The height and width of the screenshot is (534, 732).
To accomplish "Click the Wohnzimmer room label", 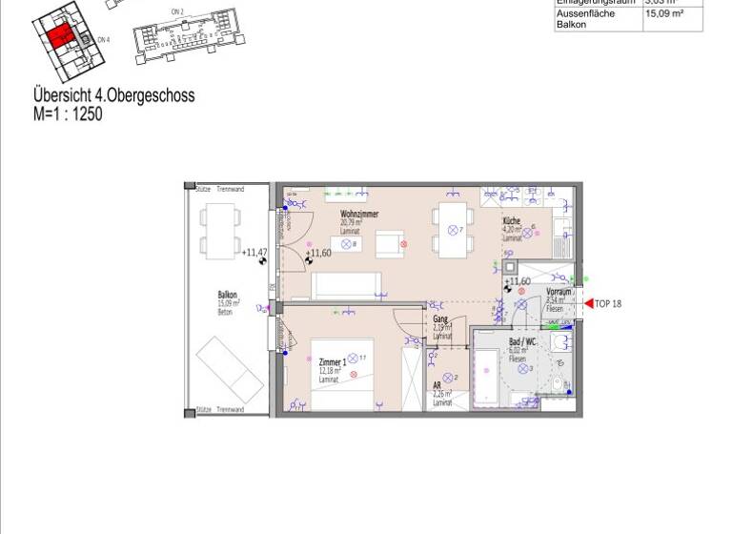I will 359,215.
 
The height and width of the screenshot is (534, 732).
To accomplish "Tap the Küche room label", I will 512,220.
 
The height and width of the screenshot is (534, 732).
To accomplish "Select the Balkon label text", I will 228,296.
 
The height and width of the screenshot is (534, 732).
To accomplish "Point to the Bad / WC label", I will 523,341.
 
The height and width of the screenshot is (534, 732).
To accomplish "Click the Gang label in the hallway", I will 440,319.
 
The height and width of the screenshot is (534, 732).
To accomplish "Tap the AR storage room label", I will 437,387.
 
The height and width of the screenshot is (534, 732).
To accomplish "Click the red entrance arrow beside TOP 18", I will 588,303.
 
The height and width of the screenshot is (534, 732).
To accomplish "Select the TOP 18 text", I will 608,303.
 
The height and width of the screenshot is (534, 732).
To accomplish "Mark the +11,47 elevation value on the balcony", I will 254,253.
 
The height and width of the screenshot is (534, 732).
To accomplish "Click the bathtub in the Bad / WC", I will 488,379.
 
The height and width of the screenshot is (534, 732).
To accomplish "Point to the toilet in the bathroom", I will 559,384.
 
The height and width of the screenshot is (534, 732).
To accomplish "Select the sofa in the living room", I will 348,286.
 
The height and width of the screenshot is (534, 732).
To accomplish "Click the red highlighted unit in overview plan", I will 60,36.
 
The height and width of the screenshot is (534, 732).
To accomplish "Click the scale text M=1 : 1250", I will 68,114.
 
